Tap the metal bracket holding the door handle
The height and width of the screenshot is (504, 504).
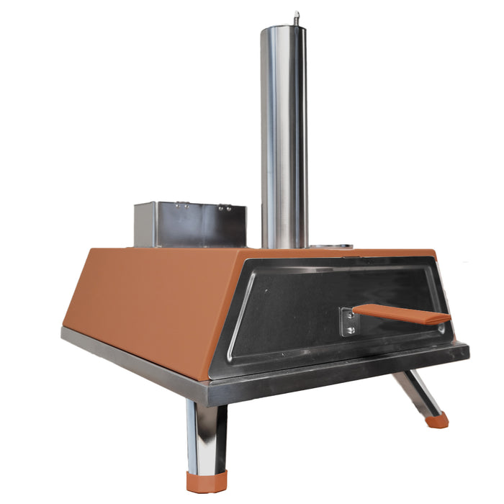(x=348, y=320)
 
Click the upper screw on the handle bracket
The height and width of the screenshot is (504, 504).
(x=350, y=313)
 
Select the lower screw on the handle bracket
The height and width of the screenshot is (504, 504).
(x=350, y=330)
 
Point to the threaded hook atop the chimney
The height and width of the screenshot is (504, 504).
(x=296, y=17)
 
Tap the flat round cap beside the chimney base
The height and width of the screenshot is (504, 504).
(x=333, y=246)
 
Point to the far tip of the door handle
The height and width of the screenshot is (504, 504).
(x=448, y=318)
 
